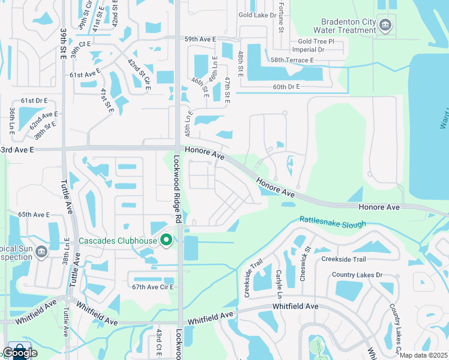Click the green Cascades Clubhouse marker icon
click(166, 241)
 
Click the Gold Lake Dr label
click(256, 14)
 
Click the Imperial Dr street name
click(308, 50)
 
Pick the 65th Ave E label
click(34, 214)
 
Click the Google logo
click(19, 352)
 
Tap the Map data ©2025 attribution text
click(423, 355)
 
